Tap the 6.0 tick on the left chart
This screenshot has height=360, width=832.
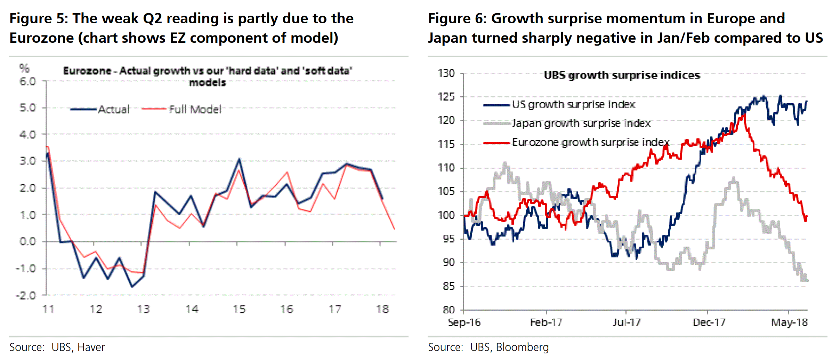(28, 81)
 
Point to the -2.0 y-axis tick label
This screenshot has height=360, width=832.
(26, 295)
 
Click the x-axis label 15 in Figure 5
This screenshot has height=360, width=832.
(239, 309)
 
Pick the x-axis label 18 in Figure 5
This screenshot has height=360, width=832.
(382, 309)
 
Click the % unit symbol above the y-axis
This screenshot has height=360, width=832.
(24, 68)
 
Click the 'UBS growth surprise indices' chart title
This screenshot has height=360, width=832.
(622, 75)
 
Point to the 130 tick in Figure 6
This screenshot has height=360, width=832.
(446, 73)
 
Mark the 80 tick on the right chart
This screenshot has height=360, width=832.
(449, 310)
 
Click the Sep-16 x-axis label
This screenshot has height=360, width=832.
(465, 323)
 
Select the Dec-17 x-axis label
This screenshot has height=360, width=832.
(709, 323)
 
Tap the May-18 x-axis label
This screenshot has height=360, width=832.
(789, 323)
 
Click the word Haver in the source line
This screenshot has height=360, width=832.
(91, 347)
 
